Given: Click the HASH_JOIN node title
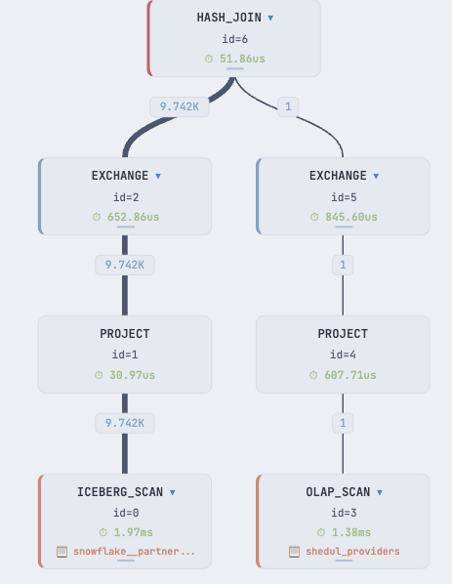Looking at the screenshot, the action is coord(229,18).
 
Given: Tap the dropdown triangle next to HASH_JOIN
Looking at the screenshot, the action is coord(270,18).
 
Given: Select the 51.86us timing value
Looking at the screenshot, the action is coord(242,59).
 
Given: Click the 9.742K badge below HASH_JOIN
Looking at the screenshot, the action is coord(180,106).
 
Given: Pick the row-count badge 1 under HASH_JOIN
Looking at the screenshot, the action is coord(288,106).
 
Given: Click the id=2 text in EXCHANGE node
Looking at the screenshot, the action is coord(126,197).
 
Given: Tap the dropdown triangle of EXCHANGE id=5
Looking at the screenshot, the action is coord(376,176).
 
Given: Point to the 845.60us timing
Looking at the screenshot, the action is coord(351,217).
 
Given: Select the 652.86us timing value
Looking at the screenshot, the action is coord(134,217).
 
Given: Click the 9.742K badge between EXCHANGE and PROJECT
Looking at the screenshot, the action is coord(125,265).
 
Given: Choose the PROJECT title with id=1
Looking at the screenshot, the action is coord(125,334).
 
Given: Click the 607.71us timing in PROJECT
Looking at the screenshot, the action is coord(350,375).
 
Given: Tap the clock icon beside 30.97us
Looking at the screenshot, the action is coord(99,375).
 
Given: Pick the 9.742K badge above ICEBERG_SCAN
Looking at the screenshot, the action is coord(125,423).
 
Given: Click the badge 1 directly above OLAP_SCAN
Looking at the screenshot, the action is coord(343,423).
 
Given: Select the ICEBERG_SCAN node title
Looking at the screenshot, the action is coord(120,492).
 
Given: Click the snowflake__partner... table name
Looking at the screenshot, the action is coord(134,551).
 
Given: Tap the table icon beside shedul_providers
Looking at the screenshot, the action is coord(294,552).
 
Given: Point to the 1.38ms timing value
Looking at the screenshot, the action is coord(351,532).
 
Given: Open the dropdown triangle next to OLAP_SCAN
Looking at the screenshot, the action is coord(380,492).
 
